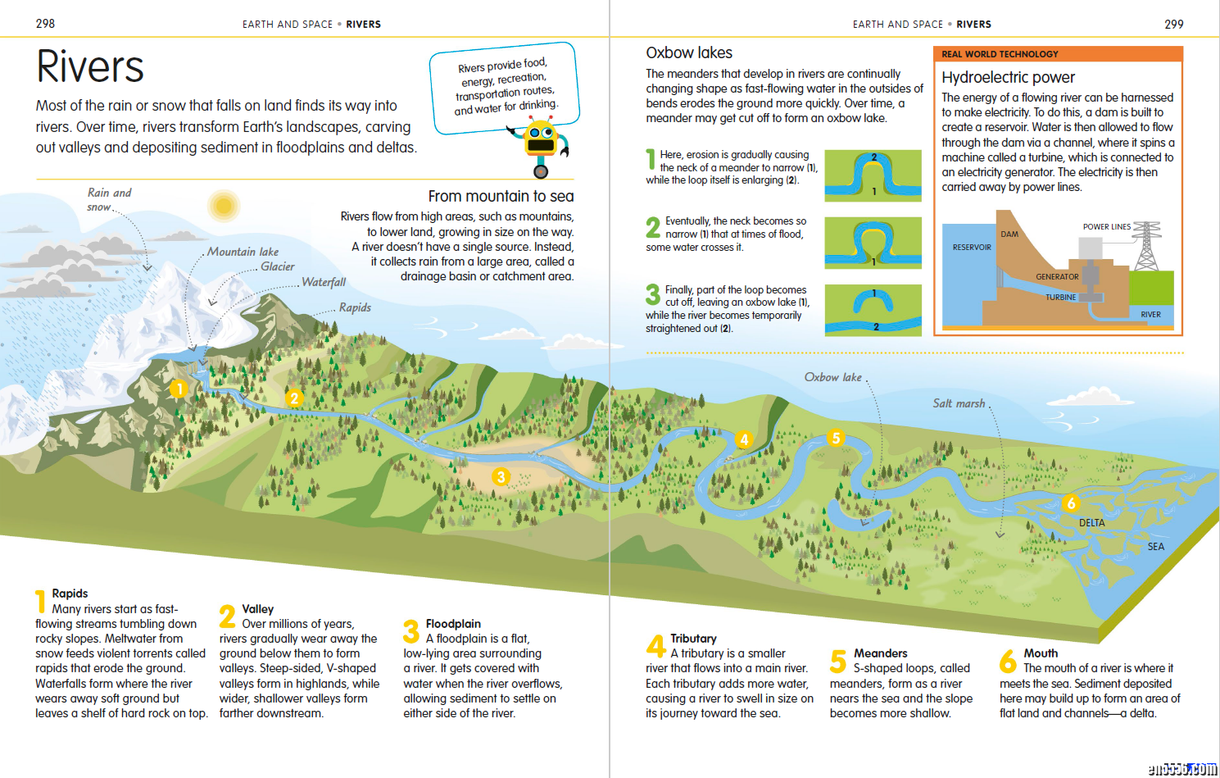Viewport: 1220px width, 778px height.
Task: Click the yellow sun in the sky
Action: pos(224,206)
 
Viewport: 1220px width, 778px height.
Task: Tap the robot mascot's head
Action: pos(540,137)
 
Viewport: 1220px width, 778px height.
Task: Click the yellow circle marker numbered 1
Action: pos(179,389)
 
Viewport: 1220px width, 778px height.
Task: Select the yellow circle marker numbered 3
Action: pos(501,477)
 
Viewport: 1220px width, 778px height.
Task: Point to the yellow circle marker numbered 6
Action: pos(1071,503)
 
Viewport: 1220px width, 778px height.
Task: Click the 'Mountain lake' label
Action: pos(243,252)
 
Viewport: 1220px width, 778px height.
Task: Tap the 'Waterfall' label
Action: pos(324,282)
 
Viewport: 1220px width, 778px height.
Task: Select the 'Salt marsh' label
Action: pos(959,403)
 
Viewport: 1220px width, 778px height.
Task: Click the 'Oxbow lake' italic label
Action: pos(832,377)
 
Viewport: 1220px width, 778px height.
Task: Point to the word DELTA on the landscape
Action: pos(1092,523)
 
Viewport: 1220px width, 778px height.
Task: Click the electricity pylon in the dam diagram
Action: pos(1147,246)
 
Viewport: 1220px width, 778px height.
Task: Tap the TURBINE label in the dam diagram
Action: pos(1060,298)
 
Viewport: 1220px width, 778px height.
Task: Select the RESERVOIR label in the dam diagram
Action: pos(972,248)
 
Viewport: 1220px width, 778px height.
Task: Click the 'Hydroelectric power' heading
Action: pos(1008,77)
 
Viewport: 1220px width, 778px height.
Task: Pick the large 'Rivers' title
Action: pos(90,66)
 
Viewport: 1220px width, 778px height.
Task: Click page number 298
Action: pos(45,24)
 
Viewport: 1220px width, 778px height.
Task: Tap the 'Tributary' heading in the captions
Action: pos(693,639)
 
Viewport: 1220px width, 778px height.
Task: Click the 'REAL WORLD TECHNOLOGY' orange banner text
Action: pos(1000,54)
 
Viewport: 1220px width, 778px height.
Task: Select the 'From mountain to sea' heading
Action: pos(501,196)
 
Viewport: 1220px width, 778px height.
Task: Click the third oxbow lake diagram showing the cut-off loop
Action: pos(873,310)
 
